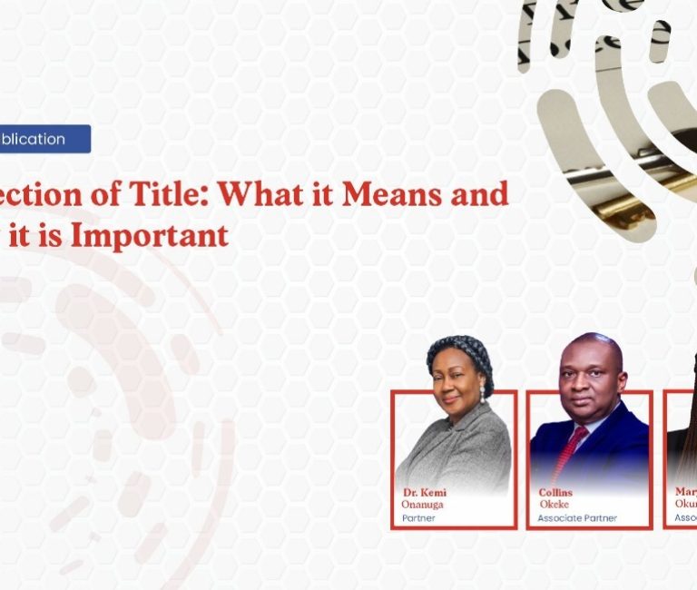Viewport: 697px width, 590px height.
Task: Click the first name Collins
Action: (x=556, y=493)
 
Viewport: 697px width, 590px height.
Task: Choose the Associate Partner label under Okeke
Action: (x=576, y=518)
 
